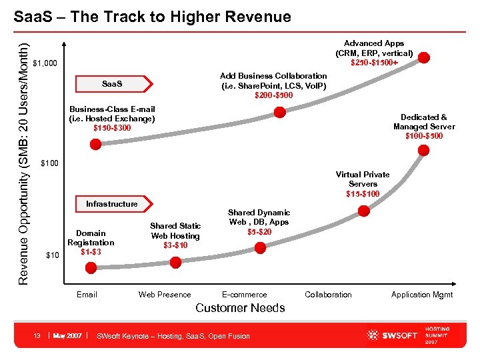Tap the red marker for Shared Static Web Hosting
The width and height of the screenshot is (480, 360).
click(x=176, y=263)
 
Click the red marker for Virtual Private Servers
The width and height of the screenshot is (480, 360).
click(x=363, y=211)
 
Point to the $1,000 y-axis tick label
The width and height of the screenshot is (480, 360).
click(x=45, y=64)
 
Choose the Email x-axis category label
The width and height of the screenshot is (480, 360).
click(x=87, y=295)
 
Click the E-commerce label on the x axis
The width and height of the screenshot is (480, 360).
click(x=244, y=295)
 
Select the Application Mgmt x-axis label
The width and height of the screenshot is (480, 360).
click(x=421, y=295)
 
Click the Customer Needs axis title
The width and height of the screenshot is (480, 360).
click(x=240, y=308)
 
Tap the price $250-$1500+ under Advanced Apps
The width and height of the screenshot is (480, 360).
click(x=375, y=63)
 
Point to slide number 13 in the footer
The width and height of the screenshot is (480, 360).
click(x=38, y=335)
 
